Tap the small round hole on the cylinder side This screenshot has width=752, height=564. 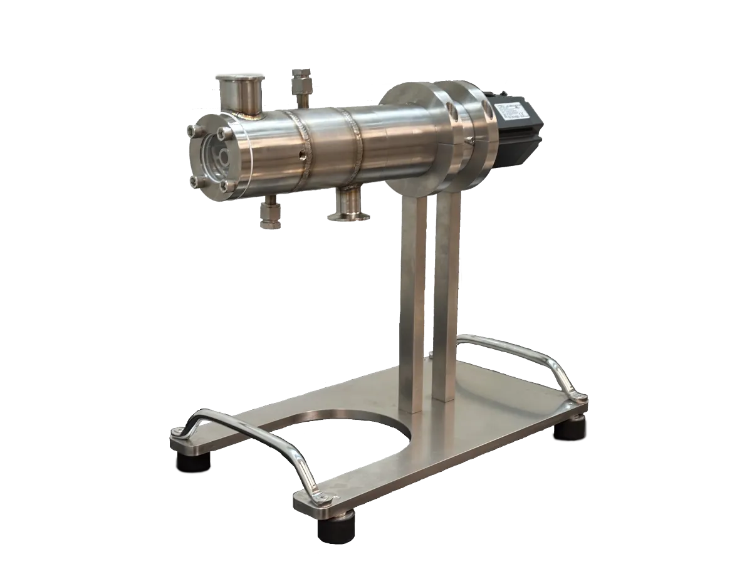click(303, 154)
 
